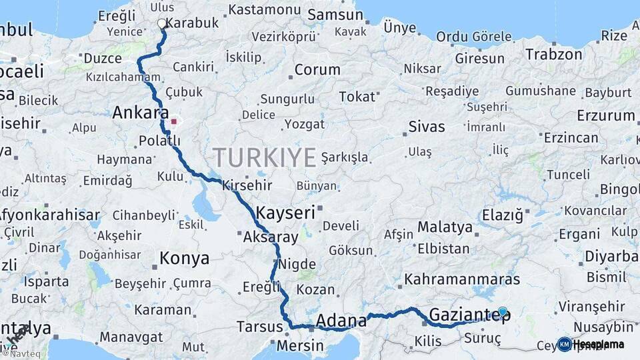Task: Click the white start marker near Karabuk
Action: (162, 24)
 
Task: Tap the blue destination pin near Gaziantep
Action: (502, 311)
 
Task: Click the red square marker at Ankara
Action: (174, 122)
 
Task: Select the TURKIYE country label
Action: (265, 158)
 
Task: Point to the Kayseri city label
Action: (285, 213)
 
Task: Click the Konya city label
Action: (184, 258)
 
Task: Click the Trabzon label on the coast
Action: (554, 55)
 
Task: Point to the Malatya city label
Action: (445, 227)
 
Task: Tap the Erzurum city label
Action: (605, 116)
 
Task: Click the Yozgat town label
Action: (305, 124)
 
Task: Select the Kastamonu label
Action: (265, 10)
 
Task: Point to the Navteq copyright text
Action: (21, 354)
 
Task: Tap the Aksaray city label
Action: (270, 237)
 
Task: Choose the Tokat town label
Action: (357, 97)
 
